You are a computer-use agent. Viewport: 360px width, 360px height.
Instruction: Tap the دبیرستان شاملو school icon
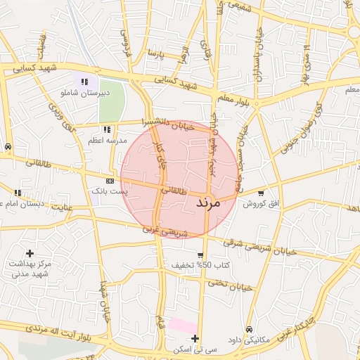85,82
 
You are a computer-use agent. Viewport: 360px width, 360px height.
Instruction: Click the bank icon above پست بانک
110,180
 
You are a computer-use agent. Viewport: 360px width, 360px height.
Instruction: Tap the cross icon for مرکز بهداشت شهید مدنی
30,252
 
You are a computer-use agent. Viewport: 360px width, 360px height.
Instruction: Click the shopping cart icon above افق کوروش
262,193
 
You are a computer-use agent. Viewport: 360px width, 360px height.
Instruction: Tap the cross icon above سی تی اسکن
195,339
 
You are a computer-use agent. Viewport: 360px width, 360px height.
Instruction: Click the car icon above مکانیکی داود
250,329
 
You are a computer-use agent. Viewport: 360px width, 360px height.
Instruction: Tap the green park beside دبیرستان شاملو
111,102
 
